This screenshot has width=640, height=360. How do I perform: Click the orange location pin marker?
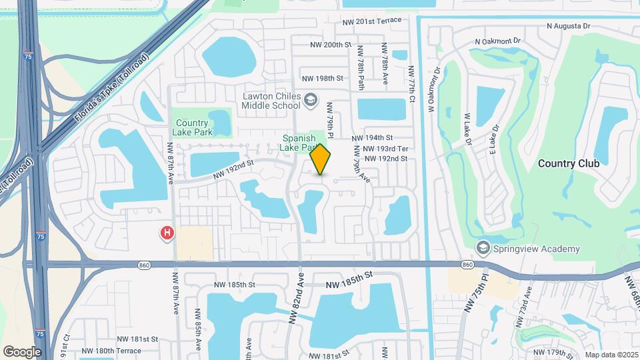pos(321,159)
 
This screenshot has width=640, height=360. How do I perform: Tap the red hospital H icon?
pos(167,233)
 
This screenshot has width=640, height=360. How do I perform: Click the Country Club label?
pos(569,163)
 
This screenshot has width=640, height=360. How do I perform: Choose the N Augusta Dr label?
pos(569,26)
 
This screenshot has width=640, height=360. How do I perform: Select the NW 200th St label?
pos(331,45)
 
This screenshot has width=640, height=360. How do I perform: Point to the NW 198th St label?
pos(322,78)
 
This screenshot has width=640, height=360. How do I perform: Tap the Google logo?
pos(22,351)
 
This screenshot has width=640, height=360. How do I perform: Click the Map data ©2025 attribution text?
pos(610,355)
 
